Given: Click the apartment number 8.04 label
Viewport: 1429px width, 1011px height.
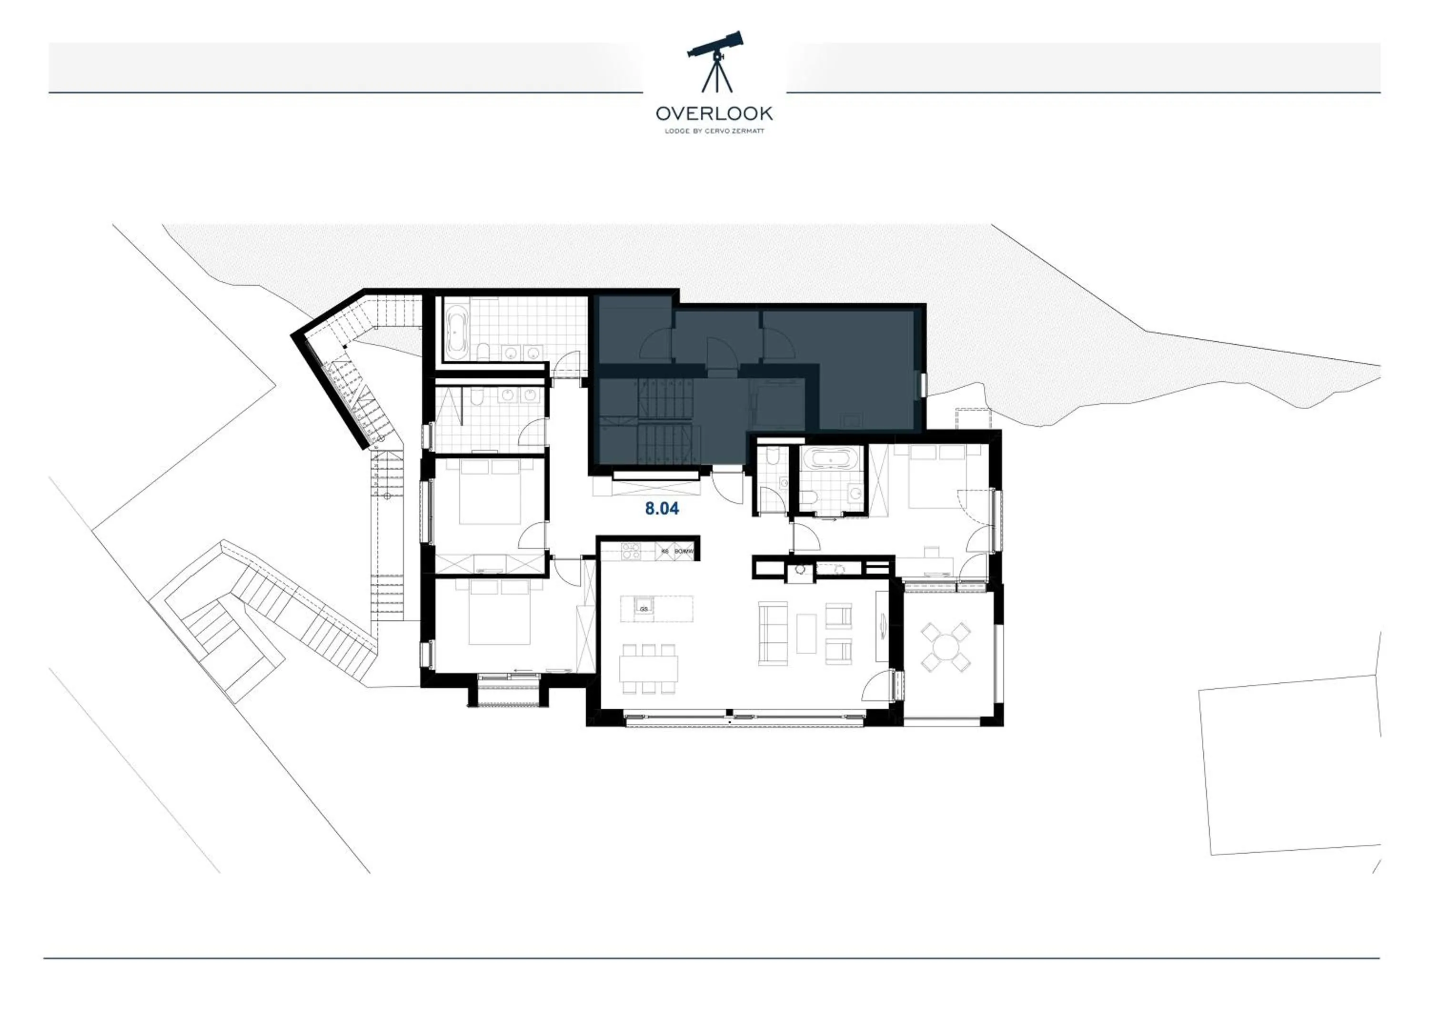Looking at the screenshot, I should [662, 509].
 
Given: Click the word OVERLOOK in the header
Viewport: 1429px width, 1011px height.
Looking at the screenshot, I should [714, 113].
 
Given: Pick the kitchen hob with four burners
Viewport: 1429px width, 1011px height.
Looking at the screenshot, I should [631, 552].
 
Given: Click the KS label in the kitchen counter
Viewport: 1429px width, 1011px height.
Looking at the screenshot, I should [664, 552].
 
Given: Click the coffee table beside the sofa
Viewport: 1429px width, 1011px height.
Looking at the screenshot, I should [806, 634].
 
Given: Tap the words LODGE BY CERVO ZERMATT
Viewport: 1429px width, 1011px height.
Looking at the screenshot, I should [714, 131].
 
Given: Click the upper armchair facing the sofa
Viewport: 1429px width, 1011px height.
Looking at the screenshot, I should [838, 615].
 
